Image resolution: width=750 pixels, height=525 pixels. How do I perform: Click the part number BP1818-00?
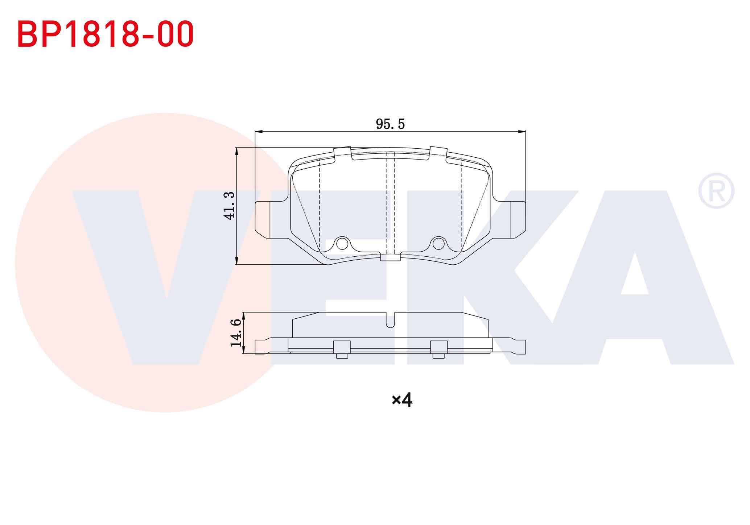tap(105, 34)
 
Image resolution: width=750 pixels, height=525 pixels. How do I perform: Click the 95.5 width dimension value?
tap(390, 124)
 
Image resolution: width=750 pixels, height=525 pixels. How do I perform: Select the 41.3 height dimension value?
tap(229, 206)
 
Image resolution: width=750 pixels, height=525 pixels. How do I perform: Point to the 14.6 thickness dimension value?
tap(236, 332)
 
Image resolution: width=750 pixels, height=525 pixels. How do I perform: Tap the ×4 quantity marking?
tap(402, 400)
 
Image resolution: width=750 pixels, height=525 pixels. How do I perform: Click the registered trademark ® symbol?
tap(716, 191)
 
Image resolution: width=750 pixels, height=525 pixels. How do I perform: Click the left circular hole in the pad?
tap(342, 244)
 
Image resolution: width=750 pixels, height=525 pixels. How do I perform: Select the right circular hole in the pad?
tap(438, 244)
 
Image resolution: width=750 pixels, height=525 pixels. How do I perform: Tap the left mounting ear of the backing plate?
tap(263, 220)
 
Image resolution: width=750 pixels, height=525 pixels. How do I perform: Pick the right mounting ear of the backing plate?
tap(518, 220)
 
